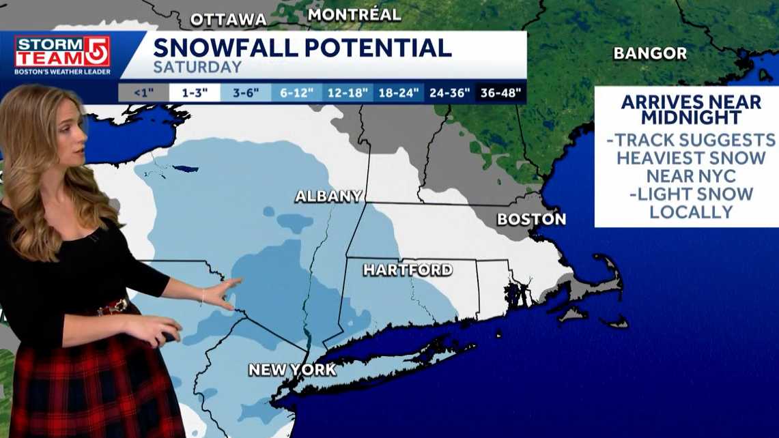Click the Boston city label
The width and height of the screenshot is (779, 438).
pos(531,219)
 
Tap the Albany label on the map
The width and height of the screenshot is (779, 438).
pos(328,196)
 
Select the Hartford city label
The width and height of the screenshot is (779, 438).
pos(408,269)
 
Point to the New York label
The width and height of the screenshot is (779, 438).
pos(292,370)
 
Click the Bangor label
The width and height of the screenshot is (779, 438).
pos(650,53)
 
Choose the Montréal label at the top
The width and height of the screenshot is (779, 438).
pos(354,14)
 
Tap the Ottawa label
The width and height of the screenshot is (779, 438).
pos(228,20)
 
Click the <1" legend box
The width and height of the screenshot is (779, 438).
pos(144,93)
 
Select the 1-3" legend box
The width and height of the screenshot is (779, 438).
pos(195,93)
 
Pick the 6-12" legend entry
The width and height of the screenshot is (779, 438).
pos(296,93)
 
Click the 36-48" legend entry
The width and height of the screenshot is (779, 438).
pos(500,93)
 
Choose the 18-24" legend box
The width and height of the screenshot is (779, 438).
pos(399,93)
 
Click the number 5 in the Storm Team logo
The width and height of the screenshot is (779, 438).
pos(96,51)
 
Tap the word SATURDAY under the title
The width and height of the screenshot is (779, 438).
pos(197,68)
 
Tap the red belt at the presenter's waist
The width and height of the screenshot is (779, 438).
pos(113,307)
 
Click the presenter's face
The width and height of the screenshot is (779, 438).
pos(69,136)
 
